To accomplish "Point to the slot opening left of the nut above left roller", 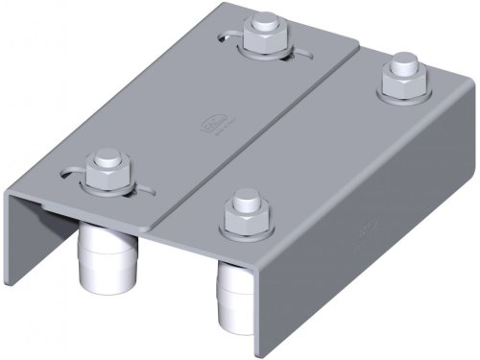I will pos(69,175).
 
